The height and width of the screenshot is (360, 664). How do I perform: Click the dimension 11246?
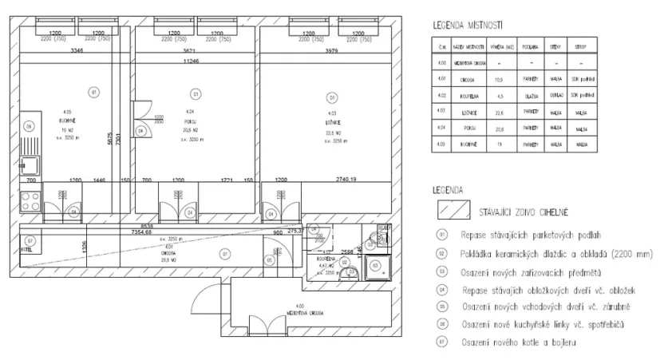pos(191,60)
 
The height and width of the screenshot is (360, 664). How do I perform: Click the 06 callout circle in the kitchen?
pos(29,125)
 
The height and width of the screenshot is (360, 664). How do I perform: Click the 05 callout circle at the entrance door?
pos(271,259)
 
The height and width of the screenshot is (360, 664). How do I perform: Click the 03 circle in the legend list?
pos(439,271)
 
